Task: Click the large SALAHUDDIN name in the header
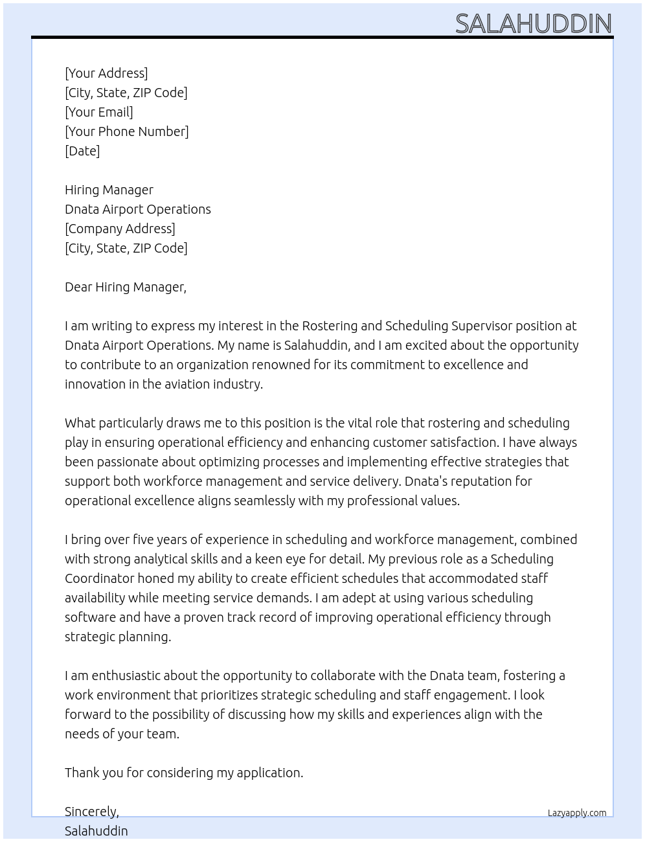pyautogui.click(x=533, y=24)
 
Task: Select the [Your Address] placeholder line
pyautogui.click(x=106, y=73)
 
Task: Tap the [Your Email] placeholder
pyautogui.click(x=99, y=112)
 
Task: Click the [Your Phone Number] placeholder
pyautogui.click(x=127, y=131)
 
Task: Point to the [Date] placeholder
pyautogui.click(x=82, y=151)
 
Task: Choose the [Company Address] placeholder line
pyautogui.click(x=120, y=229)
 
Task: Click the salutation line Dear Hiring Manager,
pyautogui.click(x=126, y=287)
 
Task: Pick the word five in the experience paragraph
pyautogui.click(x=143, y=540)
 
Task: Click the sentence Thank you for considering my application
pyautogui.click(x=184, y=773)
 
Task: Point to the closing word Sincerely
pyautogui.click(x=91, y=812)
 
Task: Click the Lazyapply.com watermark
pyautogui.click(x=576, y=813)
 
